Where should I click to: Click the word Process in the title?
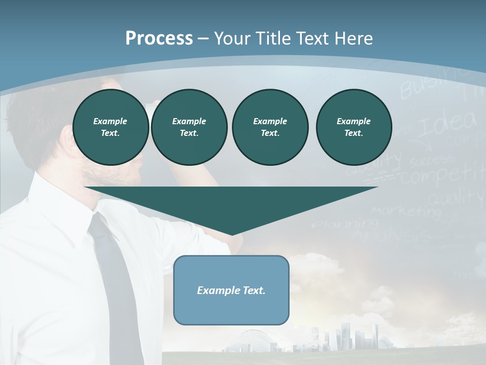click(159, 38)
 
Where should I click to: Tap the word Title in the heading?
click(273, 38)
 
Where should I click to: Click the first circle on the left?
click(111, 127)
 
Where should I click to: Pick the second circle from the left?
click(189, 127)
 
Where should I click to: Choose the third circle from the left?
click(270, 127)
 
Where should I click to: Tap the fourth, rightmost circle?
click(354, 127)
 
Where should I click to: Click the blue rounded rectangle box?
click(231, 290)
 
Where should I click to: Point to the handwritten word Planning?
click(344, 223)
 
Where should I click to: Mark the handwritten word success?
click(432, 161)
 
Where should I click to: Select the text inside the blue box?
click(231, 290)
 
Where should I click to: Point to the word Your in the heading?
click(233, 38)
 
